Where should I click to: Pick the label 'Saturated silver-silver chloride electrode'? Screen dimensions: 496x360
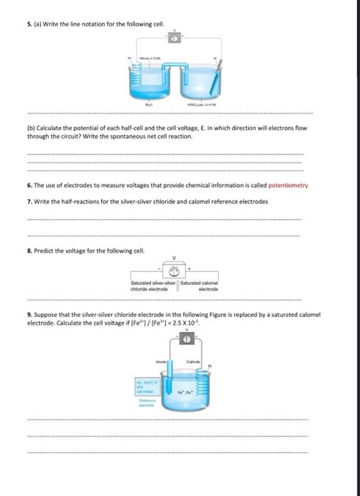coord(150,286)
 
